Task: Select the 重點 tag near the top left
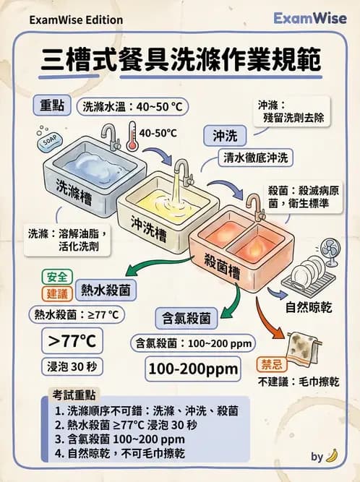51,106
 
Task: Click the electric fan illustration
330,252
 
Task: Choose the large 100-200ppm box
192,369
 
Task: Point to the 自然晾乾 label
309,307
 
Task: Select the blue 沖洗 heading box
225,134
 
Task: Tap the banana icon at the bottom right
332,456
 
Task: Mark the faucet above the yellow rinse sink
182,170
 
